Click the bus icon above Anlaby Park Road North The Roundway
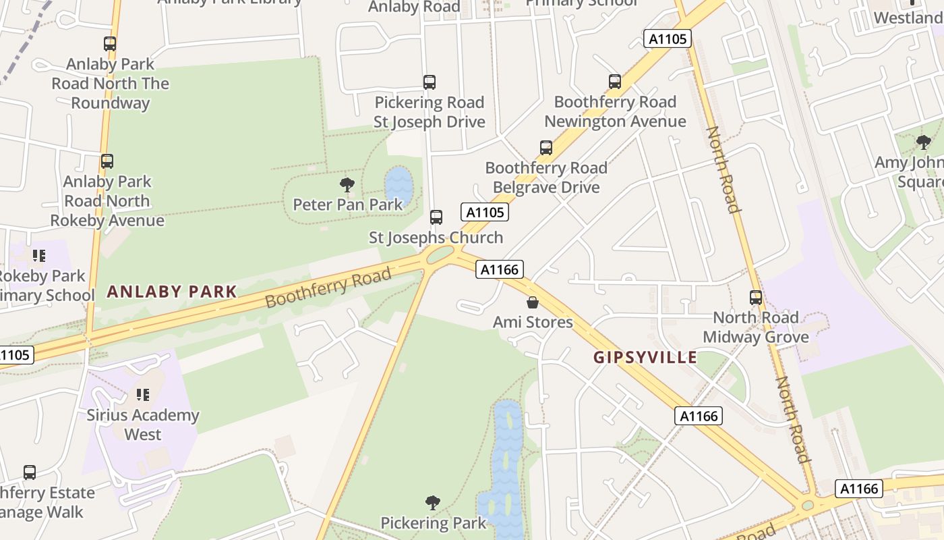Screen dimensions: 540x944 point(110,44)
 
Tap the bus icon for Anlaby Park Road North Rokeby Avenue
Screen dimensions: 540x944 point(107,161)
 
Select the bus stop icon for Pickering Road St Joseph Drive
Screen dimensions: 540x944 point(430,82)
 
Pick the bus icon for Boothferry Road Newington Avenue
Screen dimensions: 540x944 point(615,82)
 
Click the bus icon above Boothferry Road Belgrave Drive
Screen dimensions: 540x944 point(546,148)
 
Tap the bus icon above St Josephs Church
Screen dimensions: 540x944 point(436,217)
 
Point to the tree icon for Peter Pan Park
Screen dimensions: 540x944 point(347,184)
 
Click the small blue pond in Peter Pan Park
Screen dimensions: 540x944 point(399,186)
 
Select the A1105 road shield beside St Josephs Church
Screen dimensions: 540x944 point(485,212)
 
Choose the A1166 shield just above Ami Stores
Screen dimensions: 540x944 point(500,270)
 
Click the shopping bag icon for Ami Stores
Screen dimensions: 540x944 point(533,302)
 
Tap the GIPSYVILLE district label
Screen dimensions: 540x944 point(645,357)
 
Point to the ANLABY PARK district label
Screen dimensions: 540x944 point(172,292)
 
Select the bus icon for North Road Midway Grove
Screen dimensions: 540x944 point(756,298)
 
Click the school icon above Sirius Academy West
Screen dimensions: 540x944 point(142,394)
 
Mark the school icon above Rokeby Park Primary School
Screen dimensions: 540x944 point(39,256)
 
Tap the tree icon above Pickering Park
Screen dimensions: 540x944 point(433,503)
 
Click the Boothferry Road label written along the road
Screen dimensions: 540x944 point(328,287)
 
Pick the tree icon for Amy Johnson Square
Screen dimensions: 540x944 point(924,142)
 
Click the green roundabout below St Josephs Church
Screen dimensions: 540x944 point(440,254)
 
